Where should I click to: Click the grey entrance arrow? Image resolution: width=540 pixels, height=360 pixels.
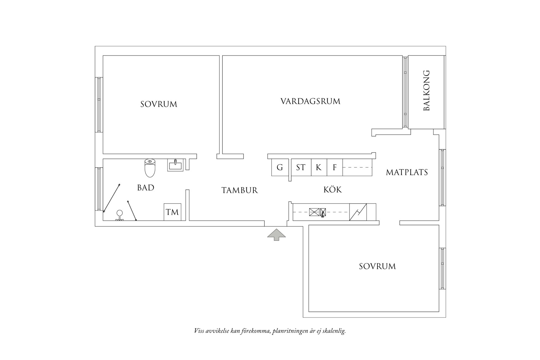coord(276,235)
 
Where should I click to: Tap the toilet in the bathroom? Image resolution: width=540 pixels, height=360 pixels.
coord(150,168)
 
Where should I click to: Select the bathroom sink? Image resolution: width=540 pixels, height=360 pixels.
coord(175,165)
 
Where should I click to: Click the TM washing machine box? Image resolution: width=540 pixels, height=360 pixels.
coord(172,212)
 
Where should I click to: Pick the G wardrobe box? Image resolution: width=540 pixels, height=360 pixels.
coord(280,167)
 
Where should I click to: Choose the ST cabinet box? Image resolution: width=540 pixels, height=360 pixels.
coord(301,167)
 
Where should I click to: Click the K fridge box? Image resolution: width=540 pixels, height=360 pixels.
coord(319,167)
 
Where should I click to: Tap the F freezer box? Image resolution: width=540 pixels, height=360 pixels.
coord(335,167)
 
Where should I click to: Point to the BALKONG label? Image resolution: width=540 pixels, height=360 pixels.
coord(427,90)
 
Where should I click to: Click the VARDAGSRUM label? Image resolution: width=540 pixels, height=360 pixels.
coord(310,101)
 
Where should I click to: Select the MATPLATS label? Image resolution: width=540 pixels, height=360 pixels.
coord(407,173)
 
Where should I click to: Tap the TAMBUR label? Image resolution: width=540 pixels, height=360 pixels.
coord(239,190)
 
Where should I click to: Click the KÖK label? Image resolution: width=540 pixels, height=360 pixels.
coord(332,190)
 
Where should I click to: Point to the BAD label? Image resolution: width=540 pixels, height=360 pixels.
coord(146,188)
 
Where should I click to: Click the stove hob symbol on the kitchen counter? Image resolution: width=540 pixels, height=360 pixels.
coord(314,212)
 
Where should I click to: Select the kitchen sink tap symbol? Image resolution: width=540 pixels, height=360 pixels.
coord(323,212)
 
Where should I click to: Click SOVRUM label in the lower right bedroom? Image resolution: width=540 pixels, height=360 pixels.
coord(377,267)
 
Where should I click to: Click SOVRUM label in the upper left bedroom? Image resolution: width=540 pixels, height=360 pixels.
coord(159,104)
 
